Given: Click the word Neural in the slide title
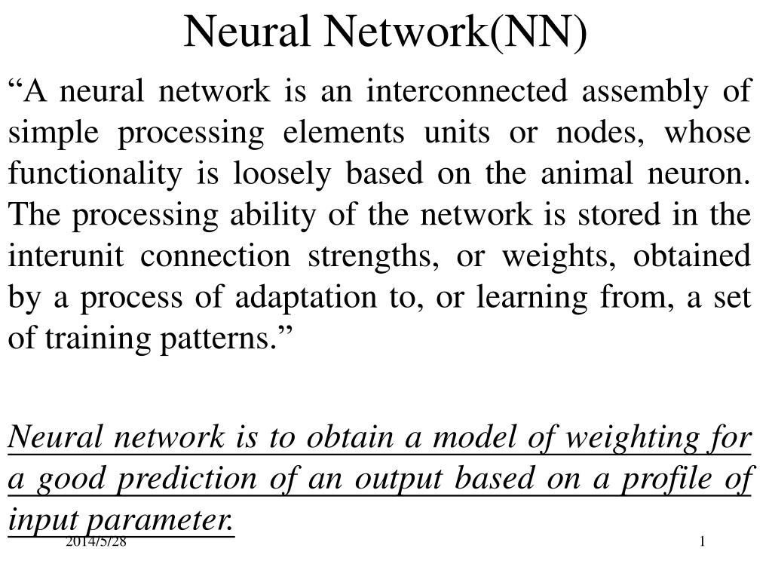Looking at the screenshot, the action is (x=247, y=31).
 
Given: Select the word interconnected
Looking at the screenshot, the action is (x=467, y=90).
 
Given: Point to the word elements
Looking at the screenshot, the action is (x=344, y=132).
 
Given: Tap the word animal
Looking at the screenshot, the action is (x=587, y=173).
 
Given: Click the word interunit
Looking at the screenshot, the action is (x=66, y=256).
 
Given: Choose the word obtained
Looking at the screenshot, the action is (x=692, y=256).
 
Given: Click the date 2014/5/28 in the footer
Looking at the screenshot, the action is (x=96, y=541).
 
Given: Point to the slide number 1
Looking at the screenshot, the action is (x=703, y=541).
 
